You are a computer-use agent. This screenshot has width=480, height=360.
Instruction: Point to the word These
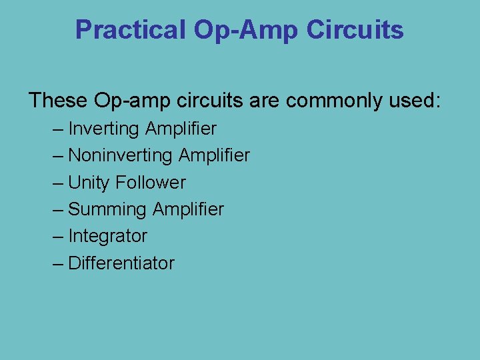click(x=58, y=101)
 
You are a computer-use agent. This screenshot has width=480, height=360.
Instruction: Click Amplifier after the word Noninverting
click(x=214, y=155)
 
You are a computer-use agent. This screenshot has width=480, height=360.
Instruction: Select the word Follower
click(x=150, y=182)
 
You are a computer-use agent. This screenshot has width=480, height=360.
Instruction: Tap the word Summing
click(x=107, y=209)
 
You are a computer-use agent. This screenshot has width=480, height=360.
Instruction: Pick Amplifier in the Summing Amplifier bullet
click(x=188, y=209)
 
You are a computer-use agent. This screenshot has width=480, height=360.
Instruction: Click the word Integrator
click(x=108, y=236)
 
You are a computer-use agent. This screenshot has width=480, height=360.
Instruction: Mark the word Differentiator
click(x=121, y=263)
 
